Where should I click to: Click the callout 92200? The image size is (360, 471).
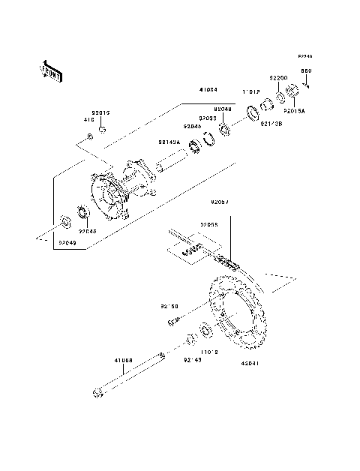[279, 77]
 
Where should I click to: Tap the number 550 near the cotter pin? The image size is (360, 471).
[306, 71]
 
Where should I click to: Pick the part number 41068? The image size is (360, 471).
[124, 361]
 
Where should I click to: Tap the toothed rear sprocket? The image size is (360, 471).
[238, 315]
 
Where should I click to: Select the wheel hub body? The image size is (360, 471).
[124, 187]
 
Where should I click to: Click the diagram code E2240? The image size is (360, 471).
[304, 56]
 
